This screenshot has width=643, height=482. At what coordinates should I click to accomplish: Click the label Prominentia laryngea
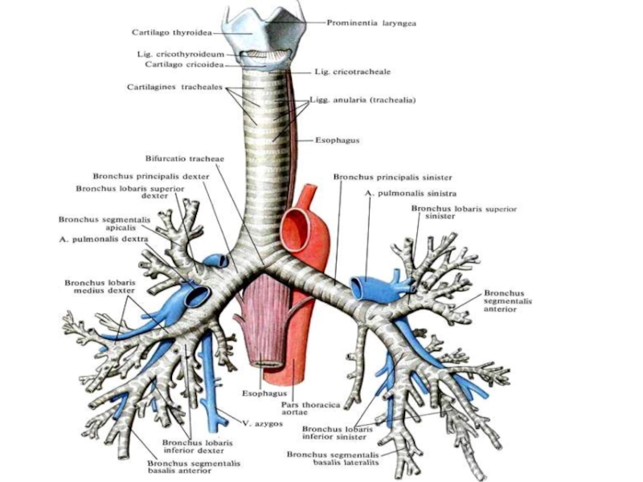click(371, 22)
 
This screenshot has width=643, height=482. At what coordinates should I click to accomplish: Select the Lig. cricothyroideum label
click(180, 55)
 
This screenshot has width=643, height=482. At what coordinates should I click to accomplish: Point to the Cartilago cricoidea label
click(182, 64)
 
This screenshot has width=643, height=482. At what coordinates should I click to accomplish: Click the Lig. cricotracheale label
click(353, 71)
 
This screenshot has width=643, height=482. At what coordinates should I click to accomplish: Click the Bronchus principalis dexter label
click(150, 176)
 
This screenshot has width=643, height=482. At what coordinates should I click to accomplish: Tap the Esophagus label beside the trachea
click(337, 141)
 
